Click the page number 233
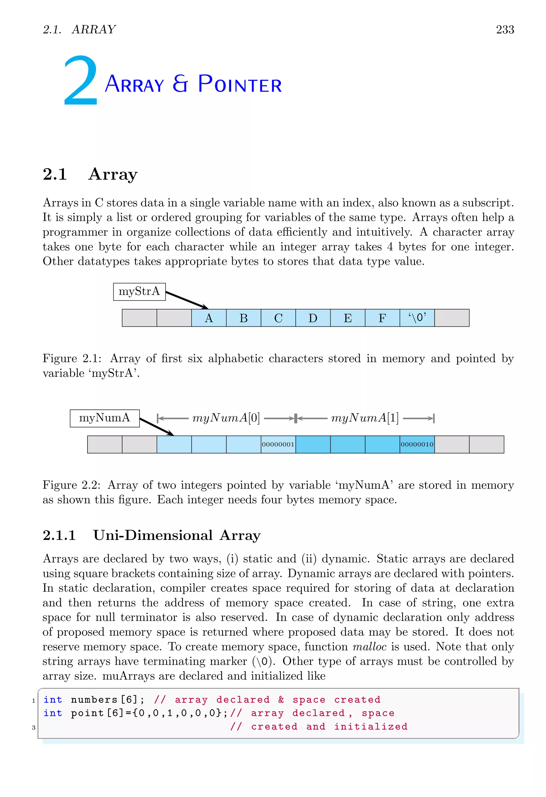[505, 30]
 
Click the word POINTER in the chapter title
[240, 84]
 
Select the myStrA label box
[139, 292]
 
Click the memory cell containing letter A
[209, 318]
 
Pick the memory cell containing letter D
[313, 318]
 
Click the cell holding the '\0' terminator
[417, 318]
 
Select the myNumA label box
[105, 418]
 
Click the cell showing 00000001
[278, 444]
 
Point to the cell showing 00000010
[417, 444]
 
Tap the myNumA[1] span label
[365, 418]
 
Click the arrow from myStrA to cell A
[187, 300]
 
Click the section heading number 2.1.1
[59, 535]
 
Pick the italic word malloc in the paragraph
[370, 647]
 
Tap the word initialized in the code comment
[371, 726]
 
